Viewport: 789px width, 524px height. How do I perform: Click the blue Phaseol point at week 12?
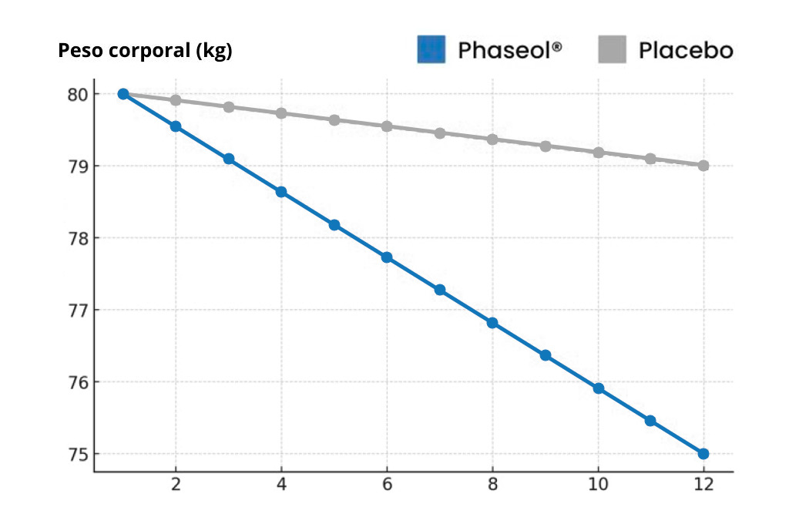(703, 454)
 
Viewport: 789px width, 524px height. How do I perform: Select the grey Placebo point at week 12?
(703, 166)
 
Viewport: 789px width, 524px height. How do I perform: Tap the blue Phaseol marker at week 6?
(387, 257)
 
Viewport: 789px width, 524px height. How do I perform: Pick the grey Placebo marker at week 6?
(387, 126)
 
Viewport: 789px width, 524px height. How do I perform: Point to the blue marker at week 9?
(545, 355)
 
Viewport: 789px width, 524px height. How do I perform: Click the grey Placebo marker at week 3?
(229, 107)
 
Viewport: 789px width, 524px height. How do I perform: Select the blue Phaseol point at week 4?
(281, 192)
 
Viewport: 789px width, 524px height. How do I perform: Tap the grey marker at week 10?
(598, 153)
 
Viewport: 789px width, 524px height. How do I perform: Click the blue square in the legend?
(431, 49)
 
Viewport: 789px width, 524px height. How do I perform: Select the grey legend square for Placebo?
(612, 49)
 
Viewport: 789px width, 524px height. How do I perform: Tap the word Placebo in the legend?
(685, 51)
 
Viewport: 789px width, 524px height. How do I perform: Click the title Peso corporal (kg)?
(146, 52)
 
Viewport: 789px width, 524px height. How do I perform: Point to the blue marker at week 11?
(650, 421)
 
